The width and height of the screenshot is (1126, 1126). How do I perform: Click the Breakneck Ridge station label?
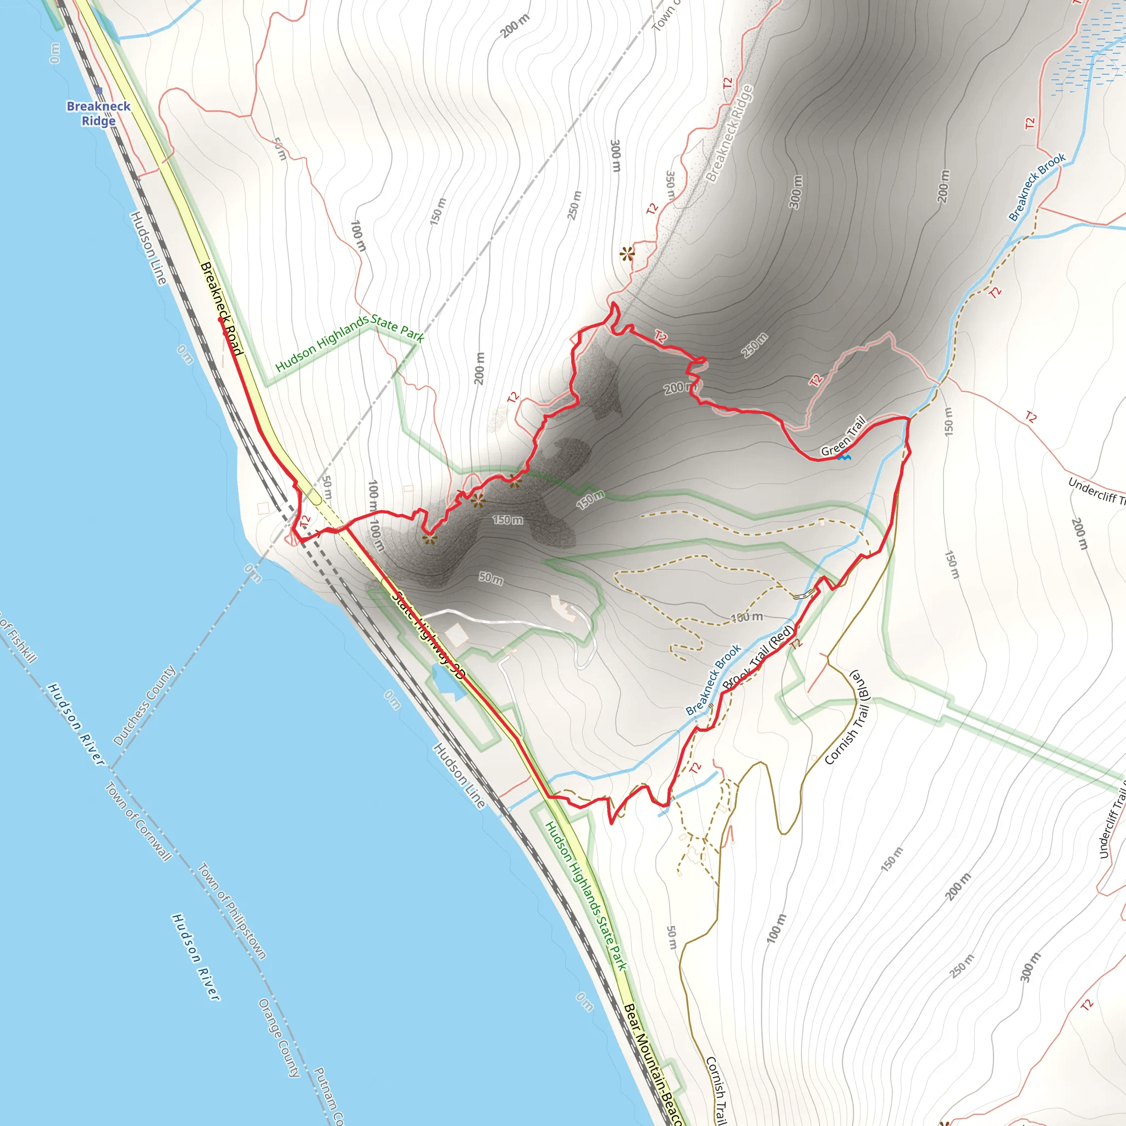click(x=98, y=113)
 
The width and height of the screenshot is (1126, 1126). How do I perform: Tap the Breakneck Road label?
click(x=222, y=308)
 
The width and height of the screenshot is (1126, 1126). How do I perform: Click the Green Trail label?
click(x=843, y=437)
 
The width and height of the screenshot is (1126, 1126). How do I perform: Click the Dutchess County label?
click(x=145, y=706)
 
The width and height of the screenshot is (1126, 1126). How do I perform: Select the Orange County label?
click(x=279, y=1038)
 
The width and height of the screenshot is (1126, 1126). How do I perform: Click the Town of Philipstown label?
click(x=233, y=910)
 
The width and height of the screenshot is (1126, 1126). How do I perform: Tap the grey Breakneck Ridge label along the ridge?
click(x=729, y=134)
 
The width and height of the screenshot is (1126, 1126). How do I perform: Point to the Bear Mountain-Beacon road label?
click(x=652, y=1064)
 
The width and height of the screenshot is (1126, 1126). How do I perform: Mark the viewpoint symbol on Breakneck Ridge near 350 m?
click(x=627, y=253)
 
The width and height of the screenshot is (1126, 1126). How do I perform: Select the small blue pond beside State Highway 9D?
click(x=448, y=681)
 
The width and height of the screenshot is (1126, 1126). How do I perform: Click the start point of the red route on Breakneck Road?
click(x=220, y=319)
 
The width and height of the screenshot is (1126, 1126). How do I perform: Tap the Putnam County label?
click(x=329, y=1096)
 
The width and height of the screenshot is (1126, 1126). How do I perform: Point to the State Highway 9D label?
click(x=428, y=635)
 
